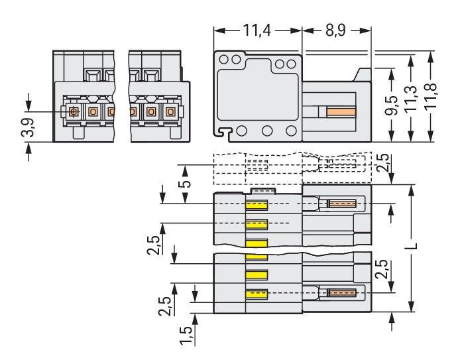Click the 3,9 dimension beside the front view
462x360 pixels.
[28, 127]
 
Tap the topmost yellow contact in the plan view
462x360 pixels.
[257, 206]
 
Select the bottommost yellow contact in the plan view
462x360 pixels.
[257, 294]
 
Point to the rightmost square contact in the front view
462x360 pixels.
[171, 111]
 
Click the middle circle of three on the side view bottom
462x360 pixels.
[268, 130]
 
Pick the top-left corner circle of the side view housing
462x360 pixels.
[223, 59]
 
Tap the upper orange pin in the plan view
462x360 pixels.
[343, 204]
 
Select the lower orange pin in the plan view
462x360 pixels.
[343, 292]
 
